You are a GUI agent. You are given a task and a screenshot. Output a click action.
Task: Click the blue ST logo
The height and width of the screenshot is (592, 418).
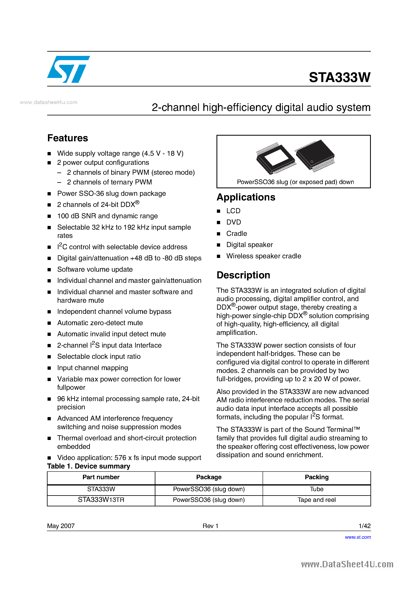tap(68, 69)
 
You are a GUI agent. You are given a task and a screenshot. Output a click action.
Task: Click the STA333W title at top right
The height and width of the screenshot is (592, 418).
tap(339, 77)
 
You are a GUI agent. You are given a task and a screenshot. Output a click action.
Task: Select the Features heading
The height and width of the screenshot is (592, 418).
tap(68, 138)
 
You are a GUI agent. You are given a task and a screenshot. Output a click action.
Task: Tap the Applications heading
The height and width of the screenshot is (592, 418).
tap(246, 197)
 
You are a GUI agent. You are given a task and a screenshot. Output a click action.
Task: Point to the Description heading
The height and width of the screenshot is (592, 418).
tap(243, 275)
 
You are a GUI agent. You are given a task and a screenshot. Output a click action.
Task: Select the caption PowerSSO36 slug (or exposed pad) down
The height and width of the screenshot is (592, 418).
tap(295, 182)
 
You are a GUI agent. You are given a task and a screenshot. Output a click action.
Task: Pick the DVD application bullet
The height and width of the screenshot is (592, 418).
tap(233, 222)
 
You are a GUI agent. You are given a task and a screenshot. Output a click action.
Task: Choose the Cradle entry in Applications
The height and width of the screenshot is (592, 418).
tap(237, 234)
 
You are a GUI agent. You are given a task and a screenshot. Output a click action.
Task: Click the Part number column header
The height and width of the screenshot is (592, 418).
tap(101, 477)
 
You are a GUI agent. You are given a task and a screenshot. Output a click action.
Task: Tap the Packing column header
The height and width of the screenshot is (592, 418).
tap(316, 477)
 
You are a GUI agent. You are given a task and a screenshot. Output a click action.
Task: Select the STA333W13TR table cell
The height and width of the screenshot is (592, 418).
tap(101, 500)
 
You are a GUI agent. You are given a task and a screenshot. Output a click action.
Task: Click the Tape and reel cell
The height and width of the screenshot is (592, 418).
tap(316, 500)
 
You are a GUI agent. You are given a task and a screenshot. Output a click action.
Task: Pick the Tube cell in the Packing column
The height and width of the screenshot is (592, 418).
tap(316, 489)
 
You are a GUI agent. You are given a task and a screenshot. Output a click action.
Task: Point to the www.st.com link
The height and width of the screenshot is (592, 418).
tap(358, 537)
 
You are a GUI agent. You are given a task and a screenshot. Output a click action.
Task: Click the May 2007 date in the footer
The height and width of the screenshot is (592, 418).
tap(61, 526)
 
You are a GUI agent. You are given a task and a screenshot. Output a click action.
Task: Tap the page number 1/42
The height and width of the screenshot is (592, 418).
tap(364, 526)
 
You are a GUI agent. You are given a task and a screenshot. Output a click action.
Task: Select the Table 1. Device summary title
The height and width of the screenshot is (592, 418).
tap(89, 466)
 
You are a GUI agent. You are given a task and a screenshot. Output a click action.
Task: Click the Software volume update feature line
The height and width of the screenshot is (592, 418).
tap(95, 269)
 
